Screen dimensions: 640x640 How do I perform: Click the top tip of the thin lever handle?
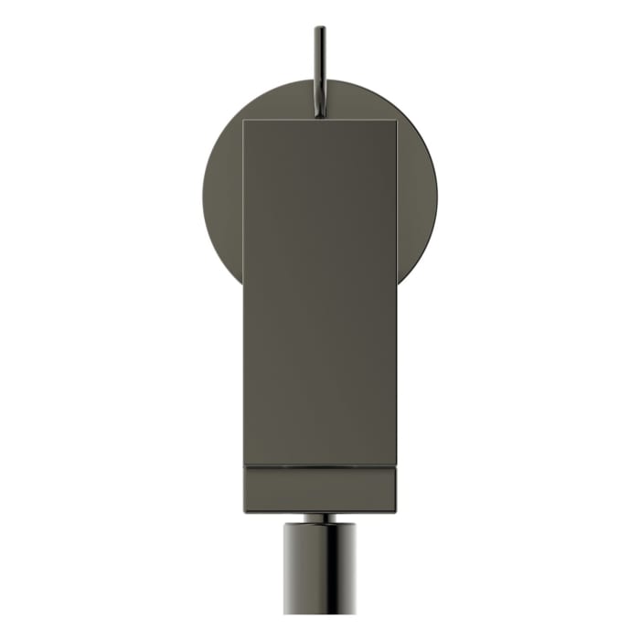[x=320, y=28]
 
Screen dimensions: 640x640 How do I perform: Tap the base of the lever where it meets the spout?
[x=320, y=114]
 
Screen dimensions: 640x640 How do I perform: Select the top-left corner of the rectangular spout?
[x=245, y=120]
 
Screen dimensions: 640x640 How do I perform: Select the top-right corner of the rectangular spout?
[x=396, y=120]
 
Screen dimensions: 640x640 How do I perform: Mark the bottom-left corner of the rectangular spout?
[x=245, y=511]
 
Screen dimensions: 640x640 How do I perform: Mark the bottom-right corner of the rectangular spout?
[x=396, y=511]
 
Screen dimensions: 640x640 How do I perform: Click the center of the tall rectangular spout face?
[x=320, y=293]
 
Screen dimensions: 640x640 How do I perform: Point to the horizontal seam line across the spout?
[x=320, y=467]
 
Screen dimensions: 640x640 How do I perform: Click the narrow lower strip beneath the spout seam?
[x=320, y=490]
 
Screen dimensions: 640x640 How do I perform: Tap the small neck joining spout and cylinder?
[x=320, y=517]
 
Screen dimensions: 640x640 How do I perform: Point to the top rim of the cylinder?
[x=320, y=525]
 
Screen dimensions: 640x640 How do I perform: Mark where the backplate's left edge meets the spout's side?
[x=244, y=279]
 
